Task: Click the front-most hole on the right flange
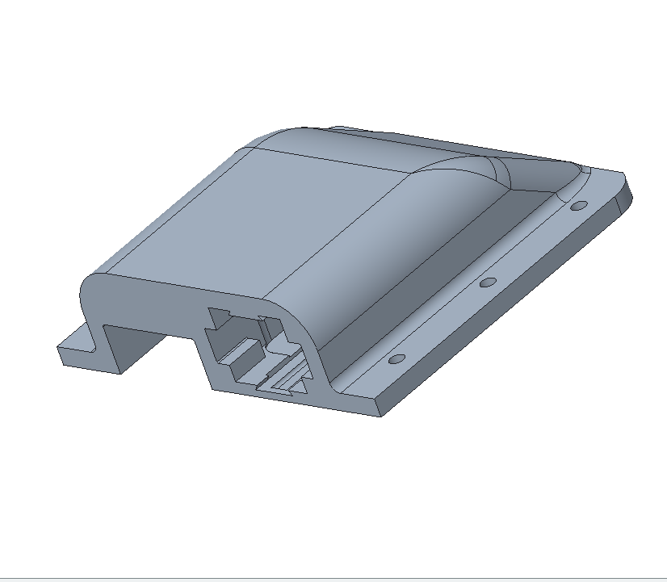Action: click(x=396, y=358)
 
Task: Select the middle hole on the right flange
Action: click(x=487, y=283)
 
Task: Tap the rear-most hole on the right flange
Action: click(x=577, y=206)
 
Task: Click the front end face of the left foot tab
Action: click(x=90, y=362)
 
